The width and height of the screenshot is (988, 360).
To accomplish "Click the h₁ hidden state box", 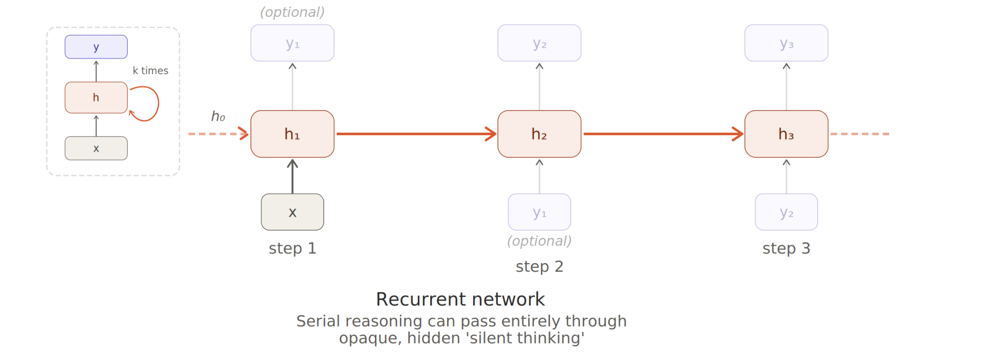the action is [292, 134].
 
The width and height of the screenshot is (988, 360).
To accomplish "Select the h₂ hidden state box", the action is [539, 134].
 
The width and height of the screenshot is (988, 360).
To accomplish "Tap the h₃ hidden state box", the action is [786, 134].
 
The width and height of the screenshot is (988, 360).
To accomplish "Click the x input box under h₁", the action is [292, 212].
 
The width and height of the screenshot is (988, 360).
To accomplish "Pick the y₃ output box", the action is [786, 43].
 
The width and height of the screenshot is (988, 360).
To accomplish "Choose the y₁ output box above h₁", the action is [292, 43].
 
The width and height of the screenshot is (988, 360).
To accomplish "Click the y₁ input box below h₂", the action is [539, 212].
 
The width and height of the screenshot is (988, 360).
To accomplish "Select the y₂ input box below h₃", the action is [786, 212].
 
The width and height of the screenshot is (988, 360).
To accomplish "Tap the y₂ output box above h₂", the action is [539, 43].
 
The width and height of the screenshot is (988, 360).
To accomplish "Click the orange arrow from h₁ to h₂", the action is [416, 134].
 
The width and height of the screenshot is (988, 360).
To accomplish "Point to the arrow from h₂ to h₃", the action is [663, 134].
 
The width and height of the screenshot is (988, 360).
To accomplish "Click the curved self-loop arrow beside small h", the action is [158, 103].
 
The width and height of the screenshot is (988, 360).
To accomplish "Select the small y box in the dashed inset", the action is [96, 47].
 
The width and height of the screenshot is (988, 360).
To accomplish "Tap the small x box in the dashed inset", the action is [96, 148].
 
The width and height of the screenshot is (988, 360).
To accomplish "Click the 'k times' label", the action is [151, 70].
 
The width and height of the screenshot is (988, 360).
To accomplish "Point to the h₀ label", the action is [218, 116].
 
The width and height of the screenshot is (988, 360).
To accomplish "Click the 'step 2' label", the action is [539, 266].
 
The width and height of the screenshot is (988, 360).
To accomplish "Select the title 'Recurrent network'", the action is [460, 299].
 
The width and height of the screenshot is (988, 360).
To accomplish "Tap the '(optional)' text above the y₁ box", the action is [292, 12].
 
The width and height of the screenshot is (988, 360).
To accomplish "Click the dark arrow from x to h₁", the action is [292, 176].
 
